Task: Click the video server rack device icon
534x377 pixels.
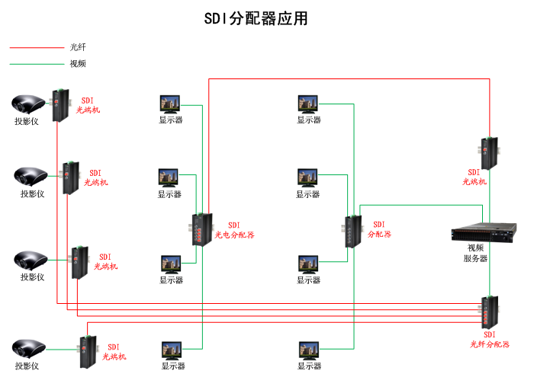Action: click(478, 232)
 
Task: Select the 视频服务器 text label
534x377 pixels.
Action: click(476, 253)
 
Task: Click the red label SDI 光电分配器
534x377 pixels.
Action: click(233, 230)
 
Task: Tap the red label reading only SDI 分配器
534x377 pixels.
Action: click(378, 229)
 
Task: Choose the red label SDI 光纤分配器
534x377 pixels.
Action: click(489, 340)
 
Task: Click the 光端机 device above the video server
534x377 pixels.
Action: click(488, 152)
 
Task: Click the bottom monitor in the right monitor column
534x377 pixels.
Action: click(309, 350)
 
